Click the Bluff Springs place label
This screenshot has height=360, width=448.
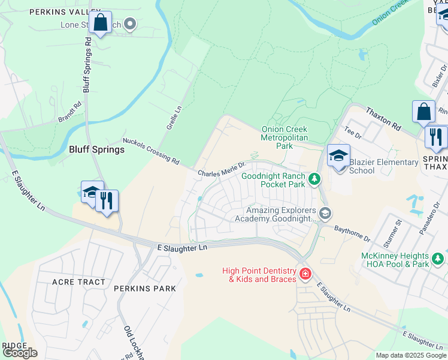(96, 149)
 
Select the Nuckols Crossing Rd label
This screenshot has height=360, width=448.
(150, 151)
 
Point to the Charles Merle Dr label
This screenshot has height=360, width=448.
(222, 169)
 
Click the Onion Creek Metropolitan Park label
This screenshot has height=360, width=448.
(284, 137)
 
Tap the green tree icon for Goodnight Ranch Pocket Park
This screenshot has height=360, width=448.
(313, 179)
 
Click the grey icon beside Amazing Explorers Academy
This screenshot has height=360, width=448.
(325, 213)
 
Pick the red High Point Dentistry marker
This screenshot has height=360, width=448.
(305, 274)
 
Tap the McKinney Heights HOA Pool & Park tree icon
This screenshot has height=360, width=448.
(438, 259)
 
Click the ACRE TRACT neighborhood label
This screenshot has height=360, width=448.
(78, 282)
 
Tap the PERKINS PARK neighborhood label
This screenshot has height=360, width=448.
(147, 289)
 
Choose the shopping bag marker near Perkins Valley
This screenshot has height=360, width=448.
(101, 23)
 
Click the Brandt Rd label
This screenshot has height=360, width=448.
(69, 112)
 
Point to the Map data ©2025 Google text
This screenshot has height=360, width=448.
(410, 355)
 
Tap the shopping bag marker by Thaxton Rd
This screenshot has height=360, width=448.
(423, 112)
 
